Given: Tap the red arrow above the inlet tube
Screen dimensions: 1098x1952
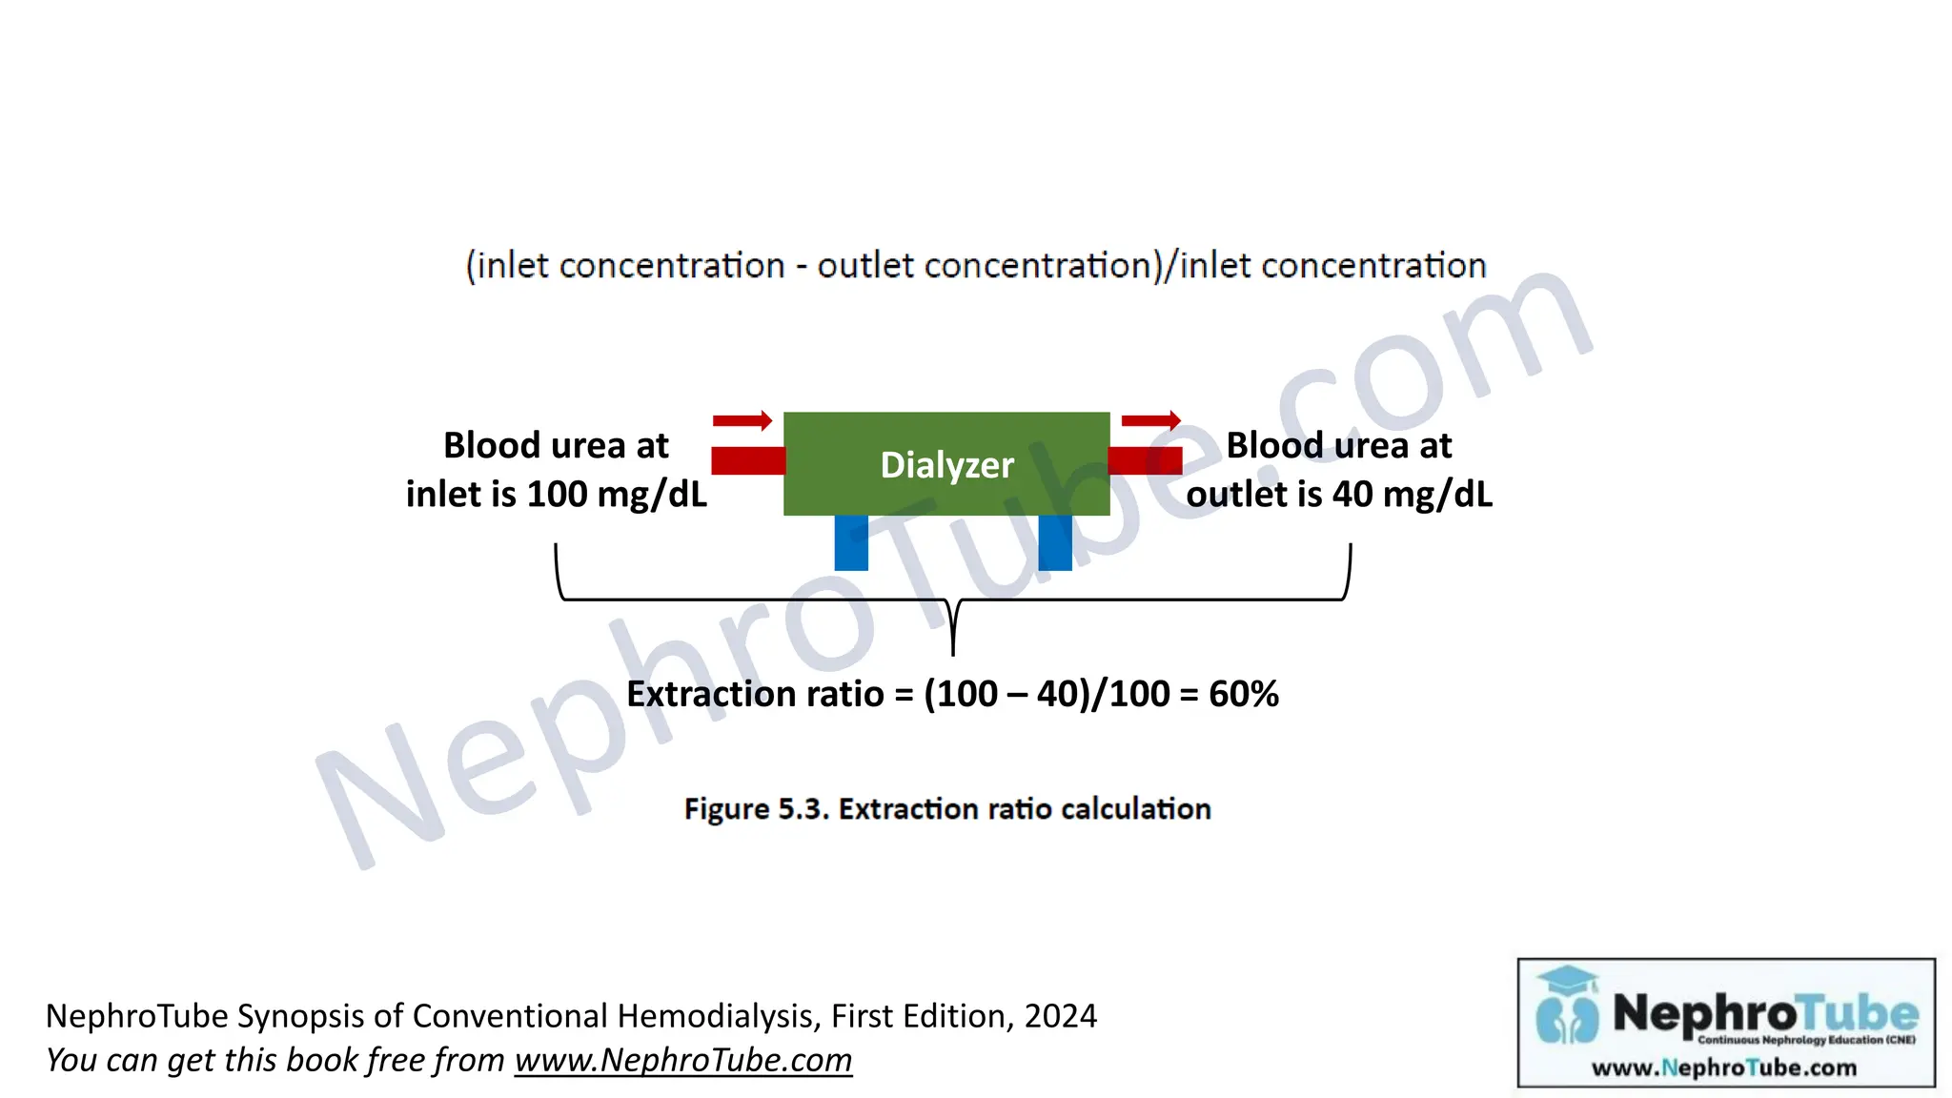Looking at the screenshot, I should click(742, 420).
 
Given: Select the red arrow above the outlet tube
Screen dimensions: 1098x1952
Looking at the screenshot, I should click(1150, 420).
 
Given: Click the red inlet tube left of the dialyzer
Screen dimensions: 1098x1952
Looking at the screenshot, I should click(747, 461).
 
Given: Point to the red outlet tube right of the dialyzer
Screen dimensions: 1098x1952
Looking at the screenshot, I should click(1145, 461).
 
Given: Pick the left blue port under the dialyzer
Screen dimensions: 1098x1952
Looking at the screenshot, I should click(851, 542).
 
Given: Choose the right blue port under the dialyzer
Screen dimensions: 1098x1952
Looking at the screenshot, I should click(1055, 542).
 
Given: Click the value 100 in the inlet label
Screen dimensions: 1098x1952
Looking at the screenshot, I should click(557, 495).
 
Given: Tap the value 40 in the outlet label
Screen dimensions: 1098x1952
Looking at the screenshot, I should click(1352, 495).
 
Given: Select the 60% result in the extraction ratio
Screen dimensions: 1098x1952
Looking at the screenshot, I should click(1244, 694).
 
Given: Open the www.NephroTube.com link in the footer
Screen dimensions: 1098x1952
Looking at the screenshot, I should click(683, 1060).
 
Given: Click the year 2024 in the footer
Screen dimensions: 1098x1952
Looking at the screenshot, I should click(1061, 1016).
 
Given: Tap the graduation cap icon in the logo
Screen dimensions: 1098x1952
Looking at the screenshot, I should click(1567, 981).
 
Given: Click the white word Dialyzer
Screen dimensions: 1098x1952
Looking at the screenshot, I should click(946, 465).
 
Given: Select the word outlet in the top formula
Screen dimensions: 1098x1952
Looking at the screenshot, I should click(865, 266).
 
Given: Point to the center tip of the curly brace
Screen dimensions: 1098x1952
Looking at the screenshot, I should click(953, 652).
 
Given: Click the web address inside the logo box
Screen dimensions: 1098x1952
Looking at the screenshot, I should click(1724, 1067).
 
